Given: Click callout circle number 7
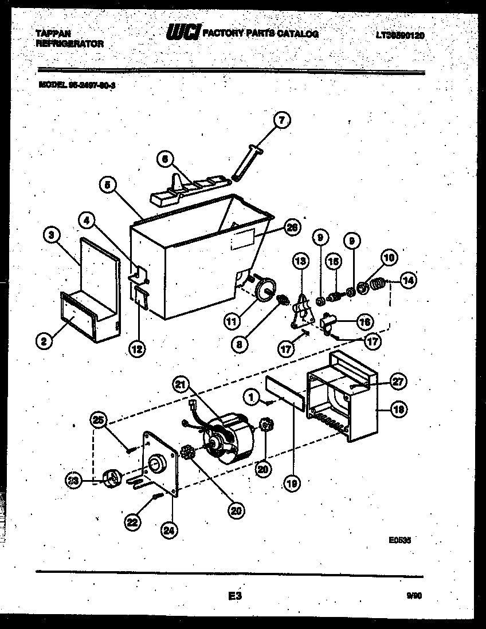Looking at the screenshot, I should (281, 120).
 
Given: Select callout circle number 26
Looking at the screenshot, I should (292, 227).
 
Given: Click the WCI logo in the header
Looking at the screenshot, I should (183, 34).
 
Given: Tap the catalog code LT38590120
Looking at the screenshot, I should (401, 36).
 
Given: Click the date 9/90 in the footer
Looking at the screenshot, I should (411, 596).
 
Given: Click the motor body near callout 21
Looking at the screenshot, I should (229, 438).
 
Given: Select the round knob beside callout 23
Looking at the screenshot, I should (111, 477).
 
